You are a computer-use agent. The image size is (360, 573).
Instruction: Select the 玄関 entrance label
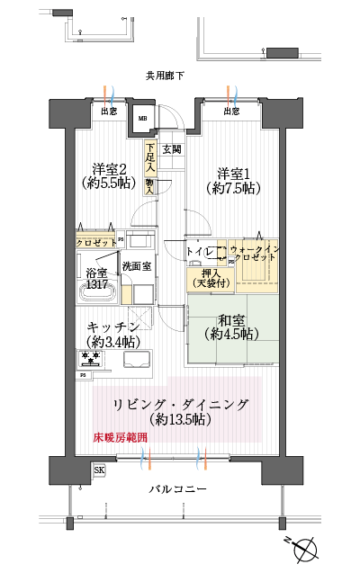(x=172, y=148)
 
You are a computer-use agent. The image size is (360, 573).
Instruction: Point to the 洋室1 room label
(x=232, y=180)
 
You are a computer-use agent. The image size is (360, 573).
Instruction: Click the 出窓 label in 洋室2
(x=109, y=112)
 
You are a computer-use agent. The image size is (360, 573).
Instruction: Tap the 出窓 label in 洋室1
(x=231, y=112)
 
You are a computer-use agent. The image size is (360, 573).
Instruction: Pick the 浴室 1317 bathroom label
(x=95, y=277)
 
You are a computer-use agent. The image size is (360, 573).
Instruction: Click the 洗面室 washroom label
(x=136, y=266)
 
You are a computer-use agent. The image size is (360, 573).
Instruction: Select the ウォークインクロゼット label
(x=255, y=253)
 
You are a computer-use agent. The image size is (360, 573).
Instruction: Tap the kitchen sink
(x=139, y=359)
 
